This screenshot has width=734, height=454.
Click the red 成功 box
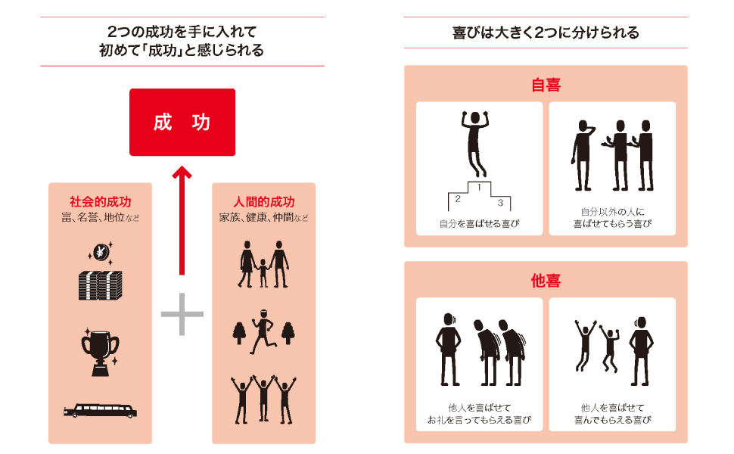182,123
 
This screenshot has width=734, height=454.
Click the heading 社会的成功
100,203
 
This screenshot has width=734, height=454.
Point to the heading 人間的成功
263,203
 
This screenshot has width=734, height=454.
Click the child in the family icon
263,272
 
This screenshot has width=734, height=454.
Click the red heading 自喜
546,85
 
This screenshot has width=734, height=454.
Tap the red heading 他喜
546,281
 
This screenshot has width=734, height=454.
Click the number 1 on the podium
479,187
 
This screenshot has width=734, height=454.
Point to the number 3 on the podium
500,203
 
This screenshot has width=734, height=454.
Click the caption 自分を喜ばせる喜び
479,224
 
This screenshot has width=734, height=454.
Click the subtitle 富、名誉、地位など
100,218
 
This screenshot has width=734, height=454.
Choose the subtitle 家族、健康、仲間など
263,218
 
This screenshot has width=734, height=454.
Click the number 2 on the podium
457,199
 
